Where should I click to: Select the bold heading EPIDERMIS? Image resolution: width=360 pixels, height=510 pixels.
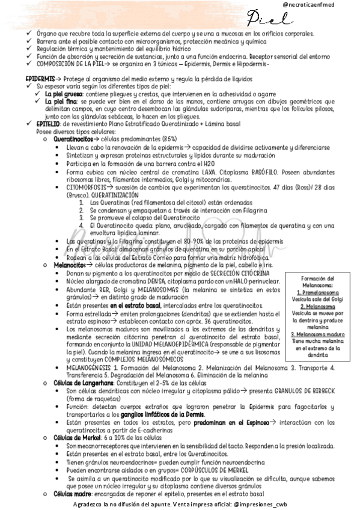(38, 79)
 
